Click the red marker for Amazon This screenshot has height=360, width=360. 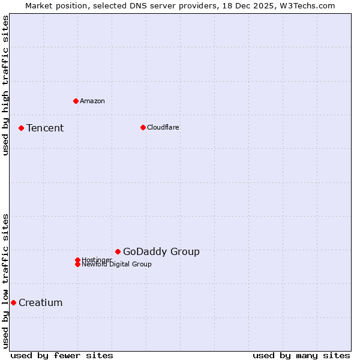[x=76, y=101]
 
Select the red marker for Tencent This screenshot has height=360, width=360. [x=21, y=128]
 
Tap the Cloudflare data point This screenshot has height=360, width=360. [x=143, y=127]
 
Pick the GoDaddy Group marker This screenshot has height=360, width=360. [x=118, y=251]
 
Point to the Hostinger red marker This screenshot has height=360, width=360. [x=77, y=260]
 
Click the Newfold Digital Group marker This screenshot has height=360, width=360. [x=77, y=265]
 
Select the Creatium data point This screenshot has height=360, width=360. [x=13, y=302]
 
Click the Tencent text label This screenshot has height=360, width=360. [x=45, y=128]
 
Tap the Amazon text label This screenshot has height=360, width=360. [x=92, y=101]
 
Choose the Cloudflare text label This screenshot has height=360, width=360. [x=163, y=127]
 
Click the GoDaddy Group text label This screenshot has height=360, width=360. [x=161, y=251]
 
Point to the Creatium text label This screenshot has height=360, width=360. [x=41, y=302]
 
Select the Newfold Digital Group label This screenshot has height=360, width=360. [x=117, y=265]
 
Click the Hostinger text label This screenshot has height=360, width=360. [x=97, y=259]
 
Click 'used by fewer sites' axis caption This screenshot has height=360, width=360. [x=62, y=355]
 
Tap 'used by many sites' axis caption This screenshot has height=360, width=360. [x=301, y=355]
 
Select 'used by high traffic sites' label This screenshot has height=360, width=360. [x=5, y=86]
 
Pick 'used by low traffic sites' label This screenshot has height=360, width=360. [x=5, y=280]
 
